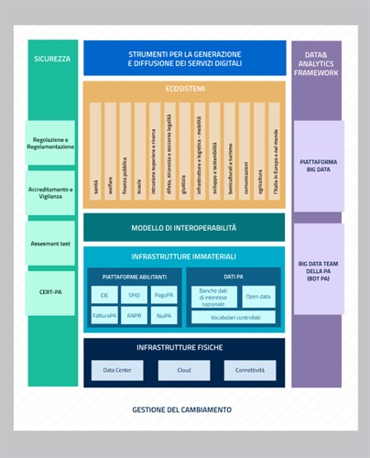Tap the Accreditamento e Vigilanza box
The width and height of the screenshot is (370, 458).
50,190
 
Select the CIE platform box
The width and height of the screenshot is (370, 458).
104,296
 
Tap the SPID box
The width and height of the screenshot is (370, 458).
134,296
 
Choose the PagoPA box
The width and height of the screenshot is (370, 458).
164,296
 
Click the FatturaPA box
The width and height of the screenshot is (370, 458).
104,316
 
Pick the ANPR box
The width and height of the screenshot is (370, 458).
134,316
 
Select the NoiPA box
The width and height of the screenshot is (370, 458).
164,316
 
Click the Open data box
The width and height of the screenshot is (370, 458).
257,296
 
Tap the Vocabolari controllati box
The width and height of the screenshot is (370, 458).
233,317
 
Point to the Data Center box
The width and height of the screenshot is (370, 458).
116,370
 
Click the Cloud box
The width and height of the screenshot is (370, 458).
183,370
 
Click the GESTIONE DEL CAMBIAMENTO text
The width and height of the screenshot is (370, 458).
181,409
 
